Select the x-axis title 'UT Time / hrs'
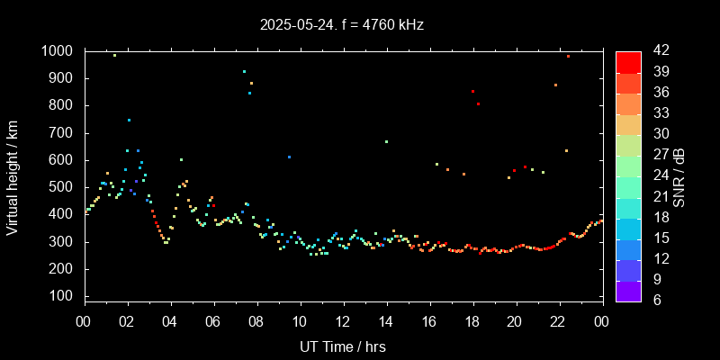coord(343,346)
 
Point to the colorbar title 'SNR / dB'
coord(680,175)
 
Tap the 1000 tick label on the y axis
coord(58,51)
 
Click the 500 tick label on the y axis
coord(62,187)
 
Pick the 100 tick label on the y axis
coord(62,296)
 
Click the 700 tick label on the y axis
coord(62,133)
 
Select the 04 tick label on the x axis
coord(170,321)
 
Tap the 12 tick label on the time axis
coord(343,321)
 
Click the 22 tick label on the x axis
coord(559,321)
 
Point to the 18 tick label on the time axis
coord(472,321)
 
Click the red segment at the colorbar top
coord(628,61)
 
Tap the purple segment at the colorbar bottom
coord(628,291)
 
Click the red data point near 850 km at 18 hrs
coord(472,91)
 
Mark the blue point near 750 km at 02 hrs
coord(129,120)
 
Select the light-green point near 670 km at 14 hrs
coord(386,141)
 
